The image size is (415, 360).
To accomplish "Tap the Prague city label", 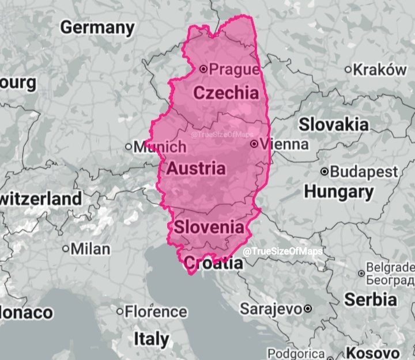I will (234, 70).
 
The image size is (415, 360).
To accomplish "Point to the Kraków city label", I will (380, 69).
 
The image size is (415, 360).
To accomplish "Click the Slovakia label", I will (333, 124).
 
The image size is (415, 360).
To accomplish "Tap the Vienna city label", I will (284, 144).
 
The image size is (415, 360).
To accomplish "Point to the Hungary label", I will (339, 191).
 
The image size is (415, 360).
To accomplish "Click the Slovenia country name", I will (209, 227).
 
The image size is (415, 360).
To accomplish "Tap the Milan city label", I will (90, 249).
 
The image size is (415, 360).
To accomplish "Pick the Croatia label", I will (213, 264).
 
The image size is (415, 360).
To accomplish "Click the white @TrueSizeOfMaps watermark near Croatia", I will (282, 252).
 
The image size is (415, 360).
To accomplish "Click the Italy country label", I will (151, 338).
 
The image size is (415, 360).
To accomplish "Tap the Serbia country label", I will (371, 300).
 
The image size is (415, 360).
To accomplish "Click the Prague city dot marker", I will (203, 69).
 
